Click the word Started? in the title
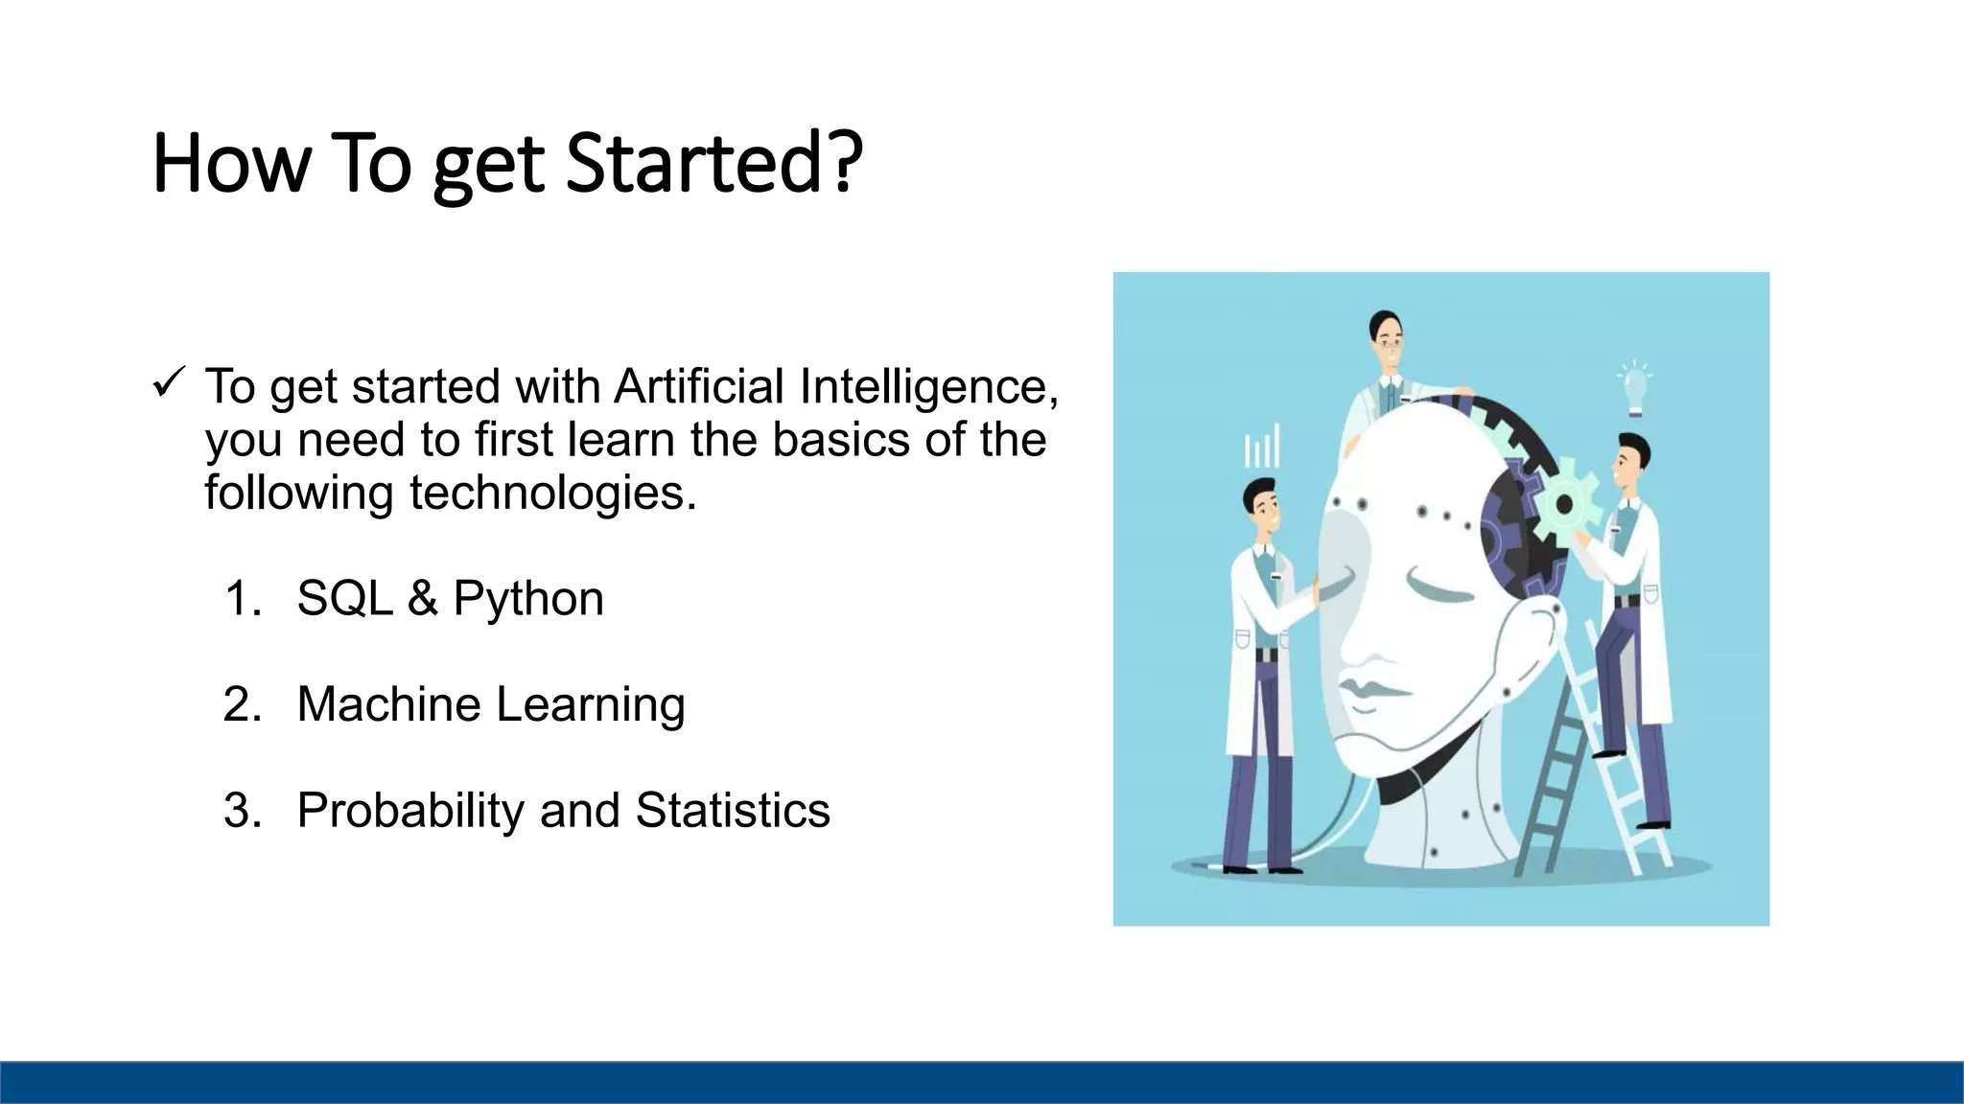tap(714, 163)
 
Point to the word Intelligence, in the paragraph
tap(929, 386)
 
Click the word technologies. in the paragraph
tap(552, 493)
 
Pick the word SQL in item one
tap(345, 598)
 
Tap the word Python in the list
tap(528, 600)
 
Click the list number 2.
tap(241, 704)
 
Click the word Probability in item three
tap(410, 811)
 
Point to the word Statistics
tap(733, 811)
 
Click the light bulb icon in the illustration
tap(1634, 388)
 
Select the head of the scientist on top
tap(1387, 336)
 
